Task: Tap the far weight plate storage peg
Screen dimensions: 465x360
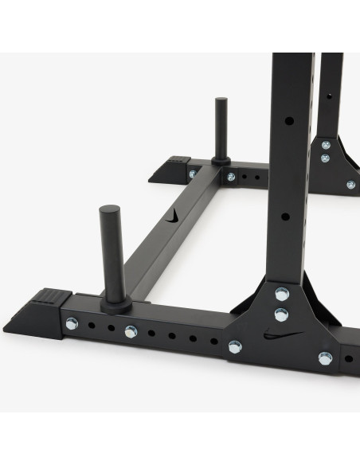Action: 220,132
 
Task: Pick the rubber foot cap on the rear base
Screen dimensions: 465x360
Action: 169,168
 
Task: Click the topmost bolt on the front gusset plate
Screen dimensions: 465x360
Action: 281,293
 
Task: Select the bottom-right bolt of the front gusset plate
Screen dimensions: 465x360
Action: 325,358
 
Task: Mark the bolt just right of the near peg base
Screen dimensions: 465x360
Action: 131,332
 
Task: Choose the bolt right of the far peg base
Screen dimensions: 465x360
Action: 231,177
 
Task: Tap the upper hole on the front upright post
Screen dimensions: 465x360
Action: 289,121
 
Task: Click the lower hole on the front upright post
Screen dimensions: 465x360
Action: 286,216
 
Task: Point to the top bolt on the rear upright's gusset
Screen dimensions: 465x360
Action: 326,145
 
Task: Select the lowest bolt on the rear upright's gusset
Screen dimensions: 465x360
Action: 350,185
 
